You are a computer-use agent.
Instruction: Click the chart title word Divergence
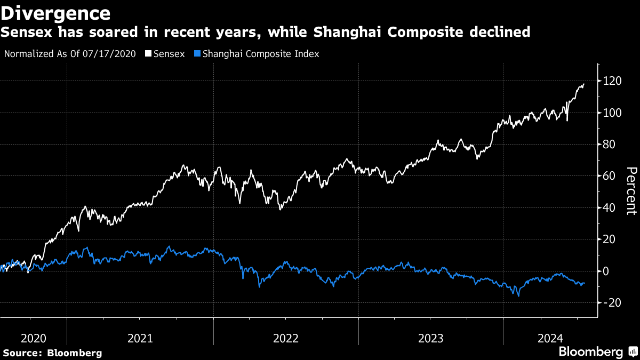point(55,13)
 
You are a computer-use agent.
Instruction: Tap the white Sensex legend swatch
point(148,54)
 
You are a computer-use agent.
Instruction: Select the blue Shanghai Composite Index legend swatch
point(198,54)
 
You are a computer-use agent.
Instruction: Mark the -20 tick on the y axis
point(611,302)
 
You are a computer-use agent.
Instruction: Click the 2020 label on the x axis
point(33,338)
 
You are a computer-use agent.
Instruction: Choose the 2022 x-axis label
point(285,338)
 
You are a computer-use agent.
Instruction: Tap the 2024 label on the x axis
point(550,338)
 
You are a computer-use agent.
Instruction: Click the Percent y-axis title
point(631,190)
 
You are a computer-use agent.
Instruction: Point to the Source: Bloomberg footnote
point(52,353)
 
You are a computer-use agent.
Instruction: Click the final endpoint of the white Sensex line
point(584,84)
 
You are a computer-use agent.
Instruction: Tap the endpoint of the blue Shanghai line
point(585,283)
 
